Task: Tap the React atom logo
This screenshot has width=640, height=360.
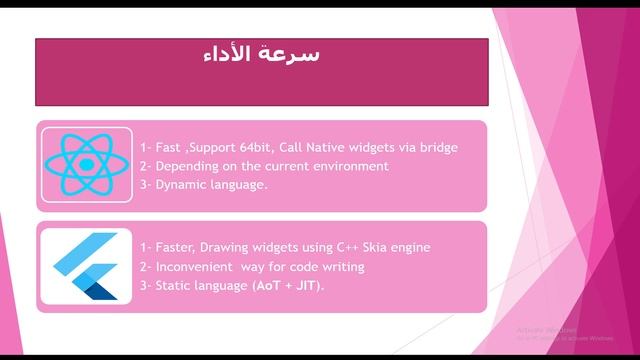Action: click(x=85, y=165)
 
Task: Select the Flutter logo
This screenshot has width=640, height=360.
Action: click(x=85, y=265)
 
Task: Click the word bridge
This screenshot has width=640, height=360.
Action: click(x=437, y=147)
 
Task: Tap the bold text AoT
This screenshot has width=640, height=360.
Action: click(x=273, y=285)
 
